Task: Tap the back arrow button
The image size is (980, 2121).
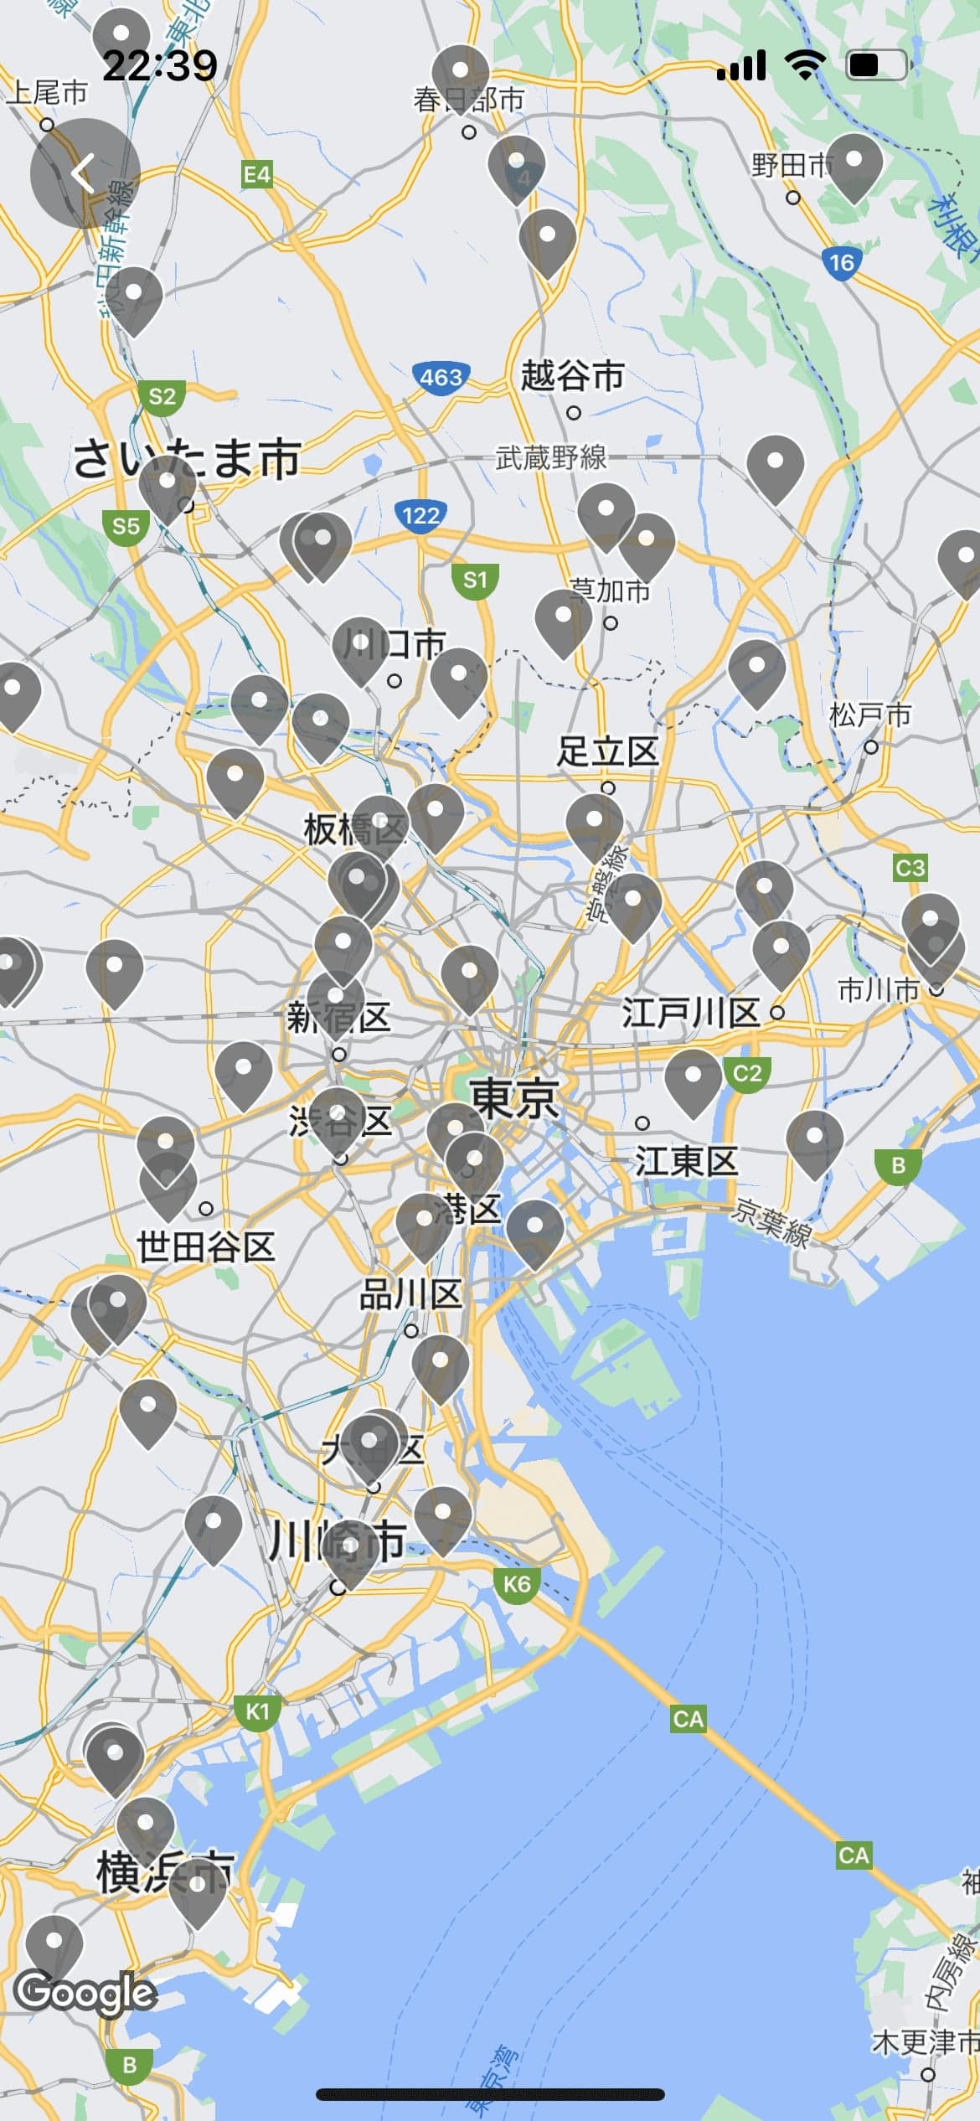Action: [85, 173]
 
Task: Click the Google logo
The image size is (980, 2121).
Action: [86, 1993]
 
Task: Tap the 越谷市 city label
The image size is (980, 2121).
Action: [572, 375]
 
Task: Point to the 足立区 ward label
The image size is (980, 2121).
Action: [608, 751]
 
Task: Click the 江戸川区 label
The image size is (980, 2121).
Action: [690, 1013]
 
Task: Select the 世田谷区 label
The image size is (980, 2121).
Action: [206, 1246]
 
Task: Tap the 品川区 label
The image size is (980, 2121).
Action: [410, 1295]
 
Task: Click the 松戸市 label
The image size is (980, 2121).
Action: [870, 715]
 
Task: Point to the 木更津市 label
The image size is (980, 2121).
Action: [925, 2041]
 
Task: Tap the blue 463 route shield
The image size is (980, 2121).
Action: [441, 377]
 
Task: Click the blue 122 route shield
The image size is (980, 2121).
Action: [420, 514]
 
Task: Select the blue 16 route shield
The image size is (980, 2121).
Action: [841, 263]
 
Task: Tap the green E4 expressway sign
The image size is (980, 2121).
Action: [256, 174]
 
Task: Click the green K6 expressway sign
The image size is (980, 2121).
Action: [517, 1584]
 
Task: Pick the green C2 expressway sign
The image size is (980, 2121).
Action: [747, 1073]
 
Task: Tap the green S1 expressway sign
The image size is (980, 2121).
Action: [475, 580]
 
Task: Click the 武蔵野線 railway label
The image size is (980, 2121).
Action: [551, 457]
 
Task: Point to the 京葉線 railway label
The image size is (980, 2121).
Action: [772, 1223]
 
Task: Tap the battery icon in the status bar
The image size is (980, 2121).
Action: [876, 65]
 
